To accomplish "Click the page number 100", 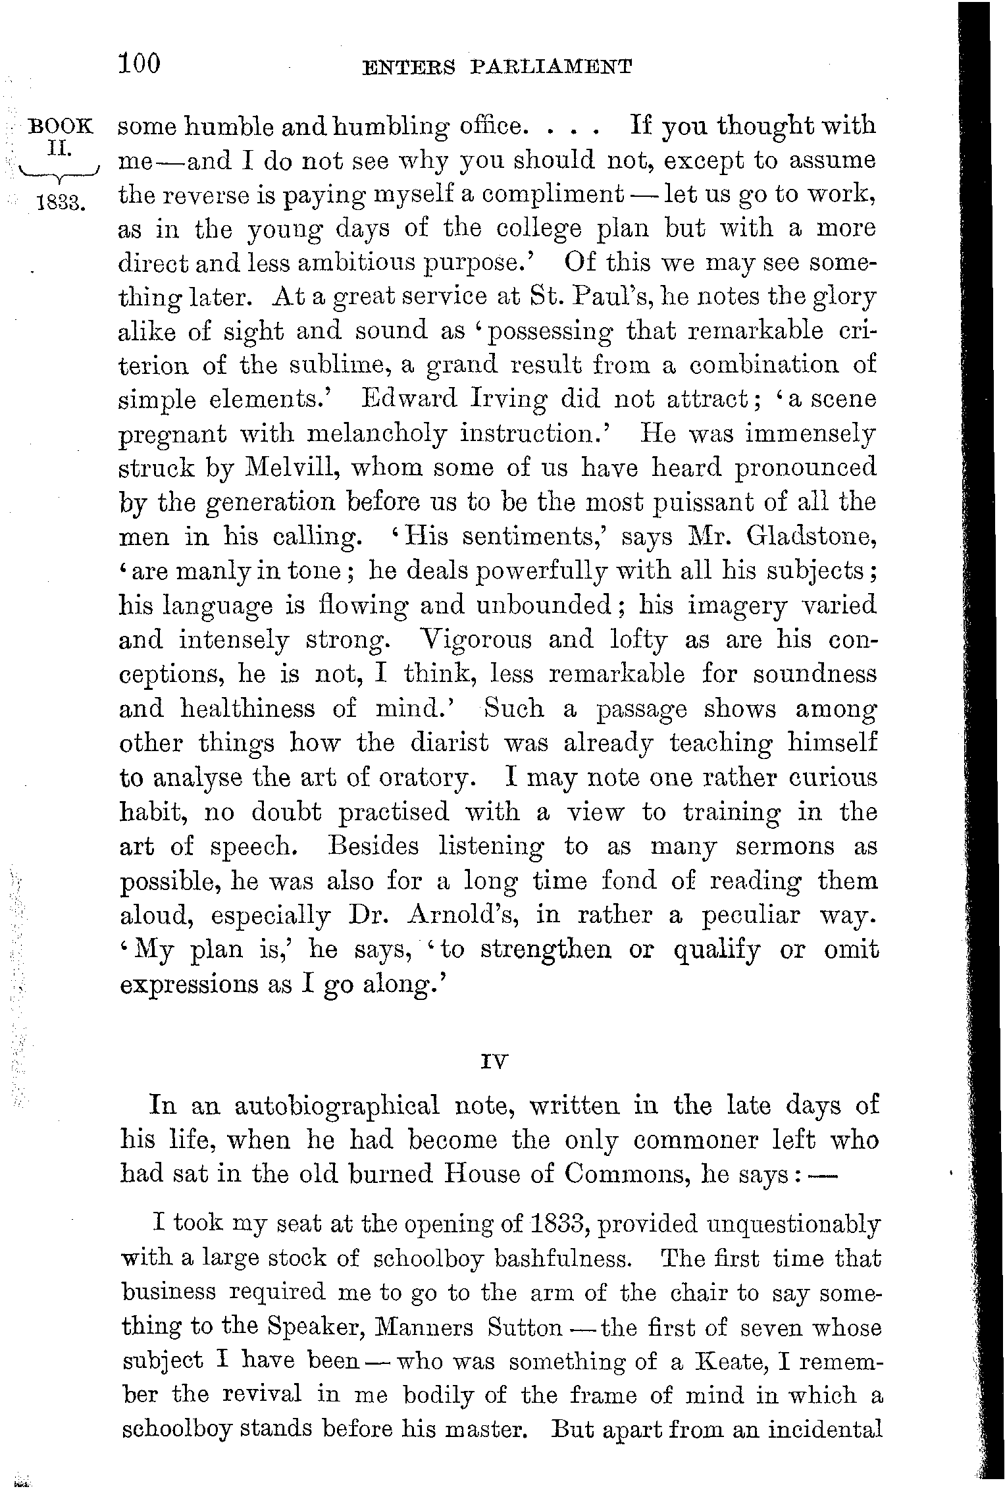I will pos(140,64).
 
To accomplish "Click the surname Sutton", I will pos(525,1327).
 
